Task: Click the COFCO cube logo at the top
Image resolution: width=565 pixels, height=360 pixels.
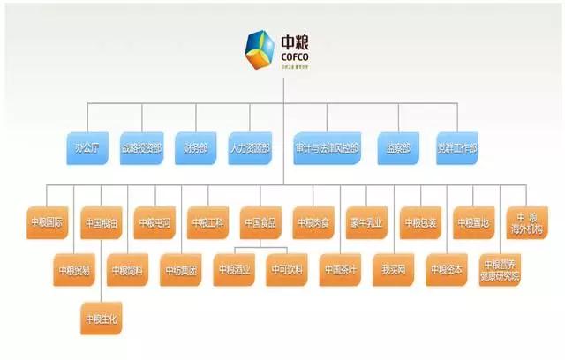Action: (x=263, y=50)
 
